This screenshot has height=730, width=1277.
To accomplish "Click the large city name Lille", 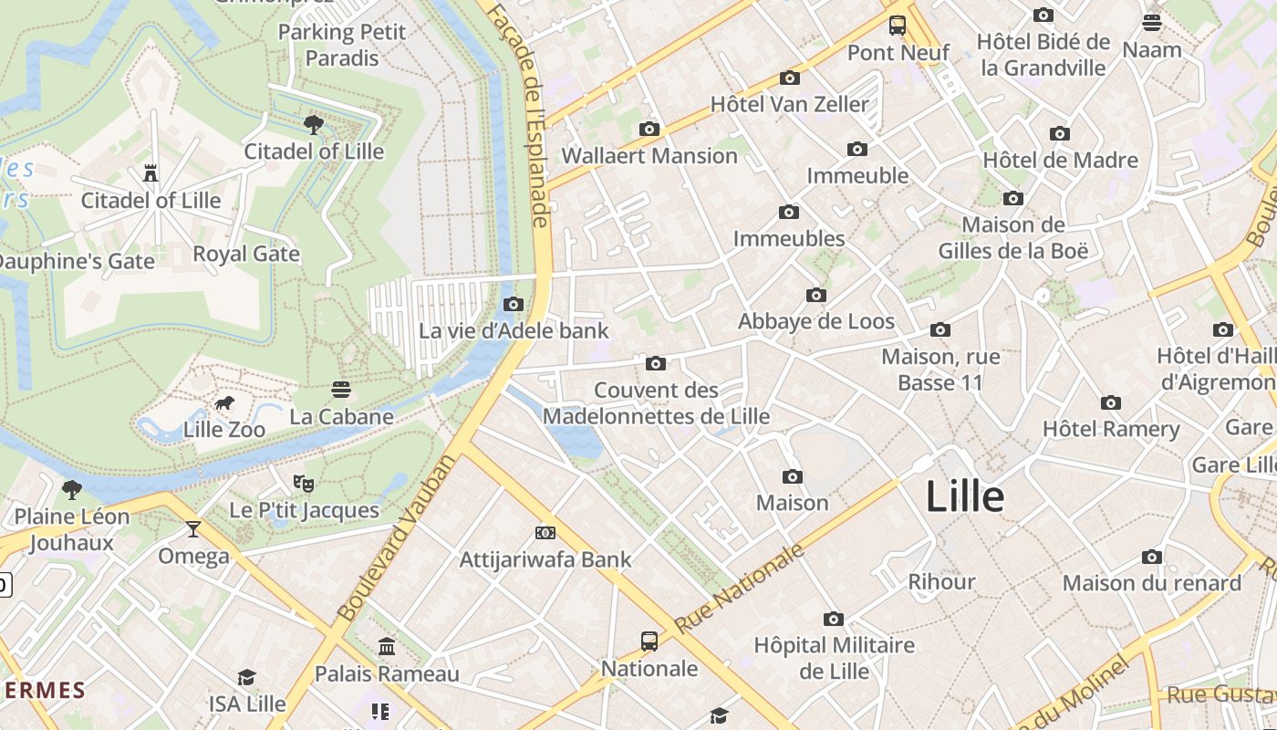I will (965, 497).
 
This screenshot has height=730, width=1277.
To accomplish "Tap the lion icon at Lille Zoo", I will (224, 403).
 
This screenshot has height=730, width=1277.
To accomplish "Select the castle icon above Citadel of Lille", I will (151, 173).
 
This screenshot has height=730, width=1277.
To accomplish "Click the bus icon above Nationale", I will (649, 641).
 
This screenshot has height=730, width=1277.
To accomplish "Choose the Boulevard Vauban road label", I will (395, 538).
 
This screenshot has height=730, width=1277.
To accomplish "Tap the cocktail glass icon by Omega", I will (193, 529).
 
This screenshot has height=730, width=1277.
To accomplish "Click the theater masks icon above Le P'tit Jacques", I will (304, 483).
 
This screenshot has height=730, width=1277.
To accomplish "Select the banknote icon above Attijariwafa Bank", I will (545, 533).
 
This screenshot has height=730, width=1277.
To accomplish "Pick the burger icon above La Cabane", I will (341, 391).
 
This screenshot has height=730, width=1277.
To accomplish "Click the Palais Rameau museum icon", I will (387, 647).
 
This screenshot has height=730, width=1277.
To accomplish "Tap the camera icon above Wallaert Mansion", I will (649, 130).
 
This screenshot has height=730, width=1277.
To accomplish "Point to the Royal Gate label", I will (246, 254).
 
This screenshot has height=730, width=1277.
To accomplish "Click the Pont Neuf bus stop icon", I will (898, 26).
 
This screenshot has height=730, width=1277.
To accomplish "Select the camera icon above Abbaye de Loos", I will (816, 296).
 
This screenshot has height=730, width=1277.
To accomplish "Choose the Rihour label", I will (941, 582).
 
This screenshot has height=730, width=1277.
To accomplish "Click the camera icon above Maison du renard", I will (1152, 557).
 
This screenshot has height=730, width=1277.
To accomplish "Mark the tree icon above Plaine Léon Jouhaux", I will (72, 490).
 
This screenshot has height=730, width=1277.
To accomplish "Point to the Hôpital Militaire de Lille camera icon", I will (834, 620).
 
